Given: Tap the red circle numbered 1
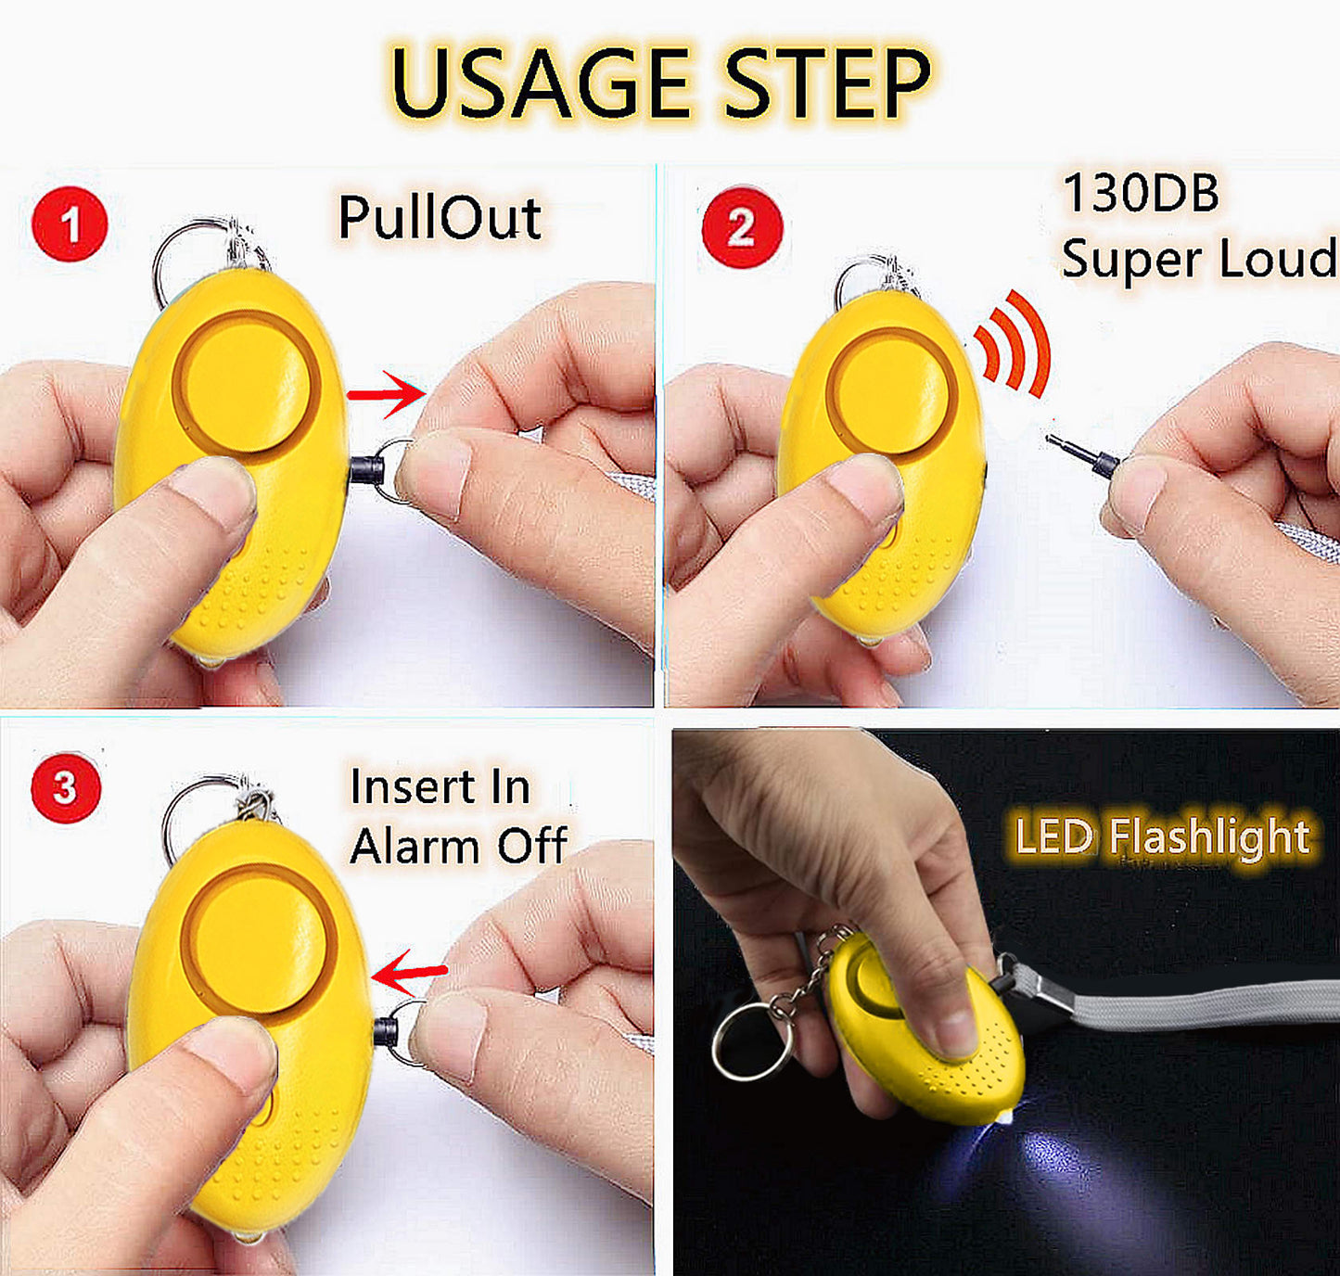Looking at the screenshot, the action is (x=70, y=223).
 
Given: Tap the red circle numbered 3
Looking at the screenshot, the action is (x=66, y=788).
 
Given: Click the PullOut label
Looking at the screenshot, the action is (x=440, y=217).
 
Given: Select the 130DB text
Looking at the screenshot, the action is (x=1141, y=193).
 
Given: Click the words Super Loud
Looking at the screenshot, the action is (x=1198, y=260).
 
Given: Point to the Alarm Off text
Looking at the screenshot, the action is (x=458, y=846).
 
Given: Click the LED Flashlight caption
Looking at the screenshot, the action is (x=1161, y=836).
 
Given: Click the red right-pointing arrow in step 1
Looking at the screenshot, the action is (x=386, y=394).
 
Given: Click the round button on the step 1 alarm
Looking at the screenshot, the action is (x=246, y=382).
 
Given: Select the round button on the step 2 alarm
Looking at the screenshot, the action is (x=891, y=391).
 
